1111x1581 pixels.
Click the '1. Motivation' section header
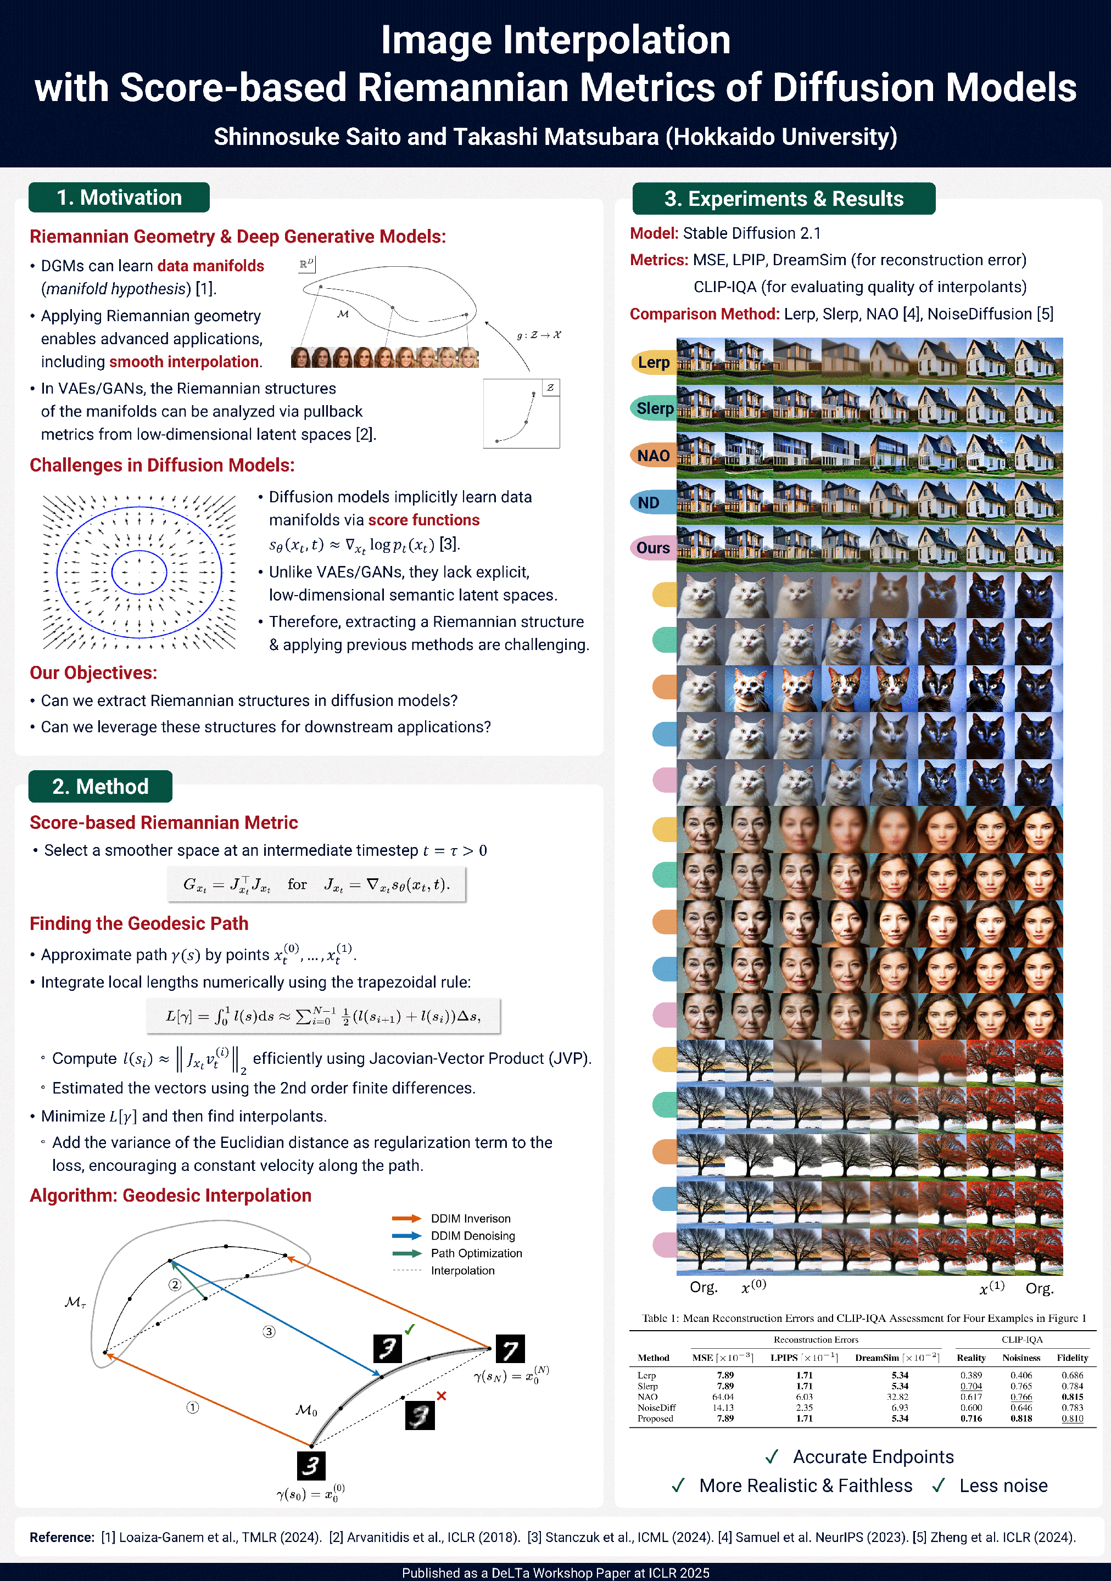[119, 198]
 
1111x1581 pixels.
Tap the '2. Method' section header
[100, 786]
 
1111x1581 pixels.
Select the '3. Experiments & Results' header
[783, 199]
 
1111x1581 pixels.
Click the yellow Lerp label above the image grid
[653, 362]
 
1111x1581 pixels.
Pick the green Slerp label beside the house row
[653, 408]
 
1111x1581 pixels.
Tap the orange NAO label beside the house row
[653, 456]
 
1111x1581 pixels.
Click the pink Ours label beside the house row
[652, 548]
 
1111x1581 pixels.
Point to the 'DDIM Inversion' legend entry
[471, 1219]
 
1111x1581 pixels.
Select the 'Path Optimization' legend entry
[476, 1253]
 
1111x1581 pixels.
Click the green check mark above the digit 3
[410, 1329]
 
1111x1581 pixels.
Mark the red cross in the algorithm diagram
[442, 1396]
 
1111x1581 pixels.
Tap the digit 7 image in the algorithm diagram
[510, 1349]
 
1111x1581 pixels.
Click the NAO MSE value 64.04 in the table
[723, 1397]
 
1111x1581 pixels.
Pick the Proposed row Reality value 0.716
[970, 1419]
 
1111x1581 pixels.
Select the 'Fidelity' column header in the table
[1072, 1358]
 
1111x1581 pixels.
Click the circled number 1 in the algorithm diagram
[193, 1408]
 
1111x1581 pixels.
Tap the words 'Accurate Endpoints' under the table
[873, 1457]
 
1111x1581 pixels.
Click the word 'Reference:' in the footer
[62, 1538]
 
